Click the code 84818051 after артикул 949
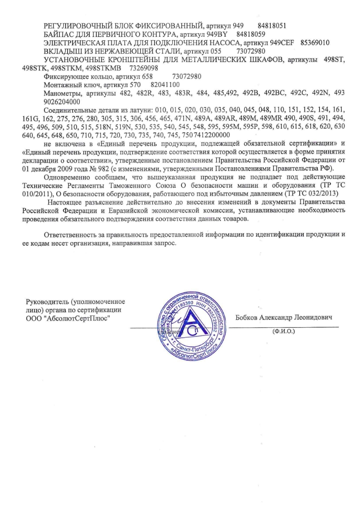click(x=271, y=26)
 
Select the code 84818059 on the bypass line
click(x=251, y=34)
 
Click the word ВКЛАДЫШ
click(x=62, y=51)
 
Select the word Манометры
click(x=62, y=93)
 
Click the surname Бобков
click(x=248, y=318)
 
